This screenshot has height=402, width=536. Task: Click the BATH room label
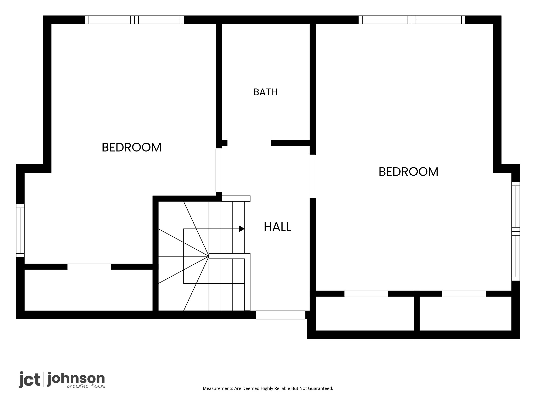[x=265, y=92]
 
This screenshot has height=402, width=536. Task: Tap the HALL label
[x=277, y=227]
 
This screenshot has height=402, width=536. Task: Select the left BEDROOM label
[x=131, y=147]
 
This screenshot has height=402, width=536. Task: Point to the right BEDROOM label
[x=408, y=172]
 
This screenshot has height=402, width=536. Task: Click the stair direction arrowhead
[x=242, y=229]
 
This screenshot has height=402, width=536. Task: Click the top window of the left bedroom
[x=134, y=20]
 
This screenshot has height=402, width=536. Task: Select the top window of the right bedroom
[x=412, y=20]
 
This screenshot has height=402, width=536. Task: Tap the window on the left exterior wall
[x=20, y=231]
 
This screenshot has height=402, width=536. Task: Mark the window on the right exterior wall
[x=516, y=231]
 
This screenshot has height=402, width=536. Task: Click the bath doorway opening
[x=249, y=143]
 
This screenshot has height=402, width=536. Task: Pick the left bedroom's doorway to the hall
[x=219, y=170]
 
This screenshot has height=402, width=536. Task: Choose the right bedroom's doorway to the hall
[x=313, y=176]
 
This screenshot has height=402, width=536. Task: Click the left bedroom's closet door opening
[x=89, y=267]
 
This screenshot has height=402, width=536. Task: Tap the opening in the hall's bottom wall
[x=281, y=315]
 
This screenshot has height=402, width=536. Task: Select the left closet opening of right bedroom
[x=366, y=294]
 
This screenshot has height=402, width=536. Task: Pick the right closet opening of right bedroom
[x=464, y=294]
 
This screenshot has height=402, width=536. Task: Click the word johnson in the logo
[x=76, y=379]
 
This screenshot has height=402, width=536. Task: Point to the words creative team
[x=86, y=386]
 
